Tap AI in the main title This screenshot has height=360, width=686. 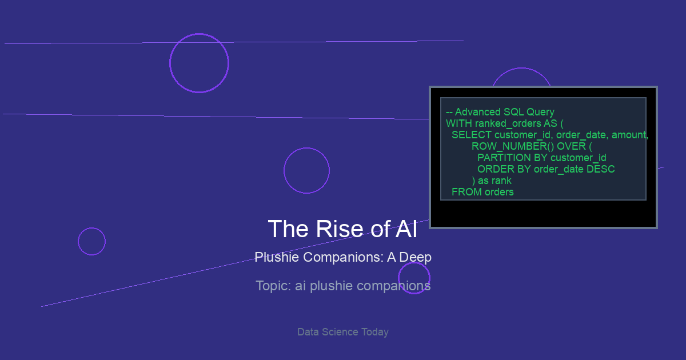(406, 229)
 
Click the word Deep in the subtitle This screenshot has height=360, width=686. (415, 258)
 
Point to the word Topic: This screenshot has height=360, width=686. (273, 286)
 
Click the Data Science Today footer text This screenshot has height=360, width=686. (343, 332)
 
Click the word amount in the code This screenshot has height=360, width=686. (629, 135)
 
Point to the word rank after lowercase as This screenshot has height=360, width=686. (501, 181)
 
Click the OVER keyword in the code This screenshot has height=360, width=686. (572, 146)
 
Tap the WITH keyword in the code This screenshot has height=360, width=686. (459, 123)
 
